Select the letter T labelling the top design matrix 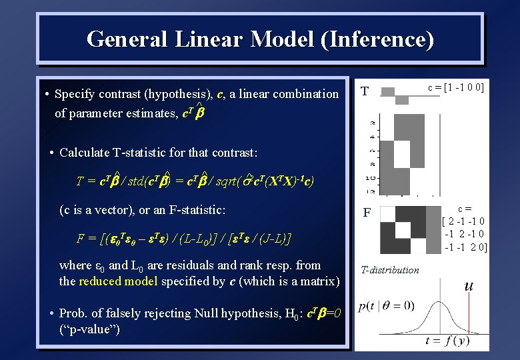click(x=365, y=91)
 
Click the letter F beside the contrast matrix click(x=366, y=213)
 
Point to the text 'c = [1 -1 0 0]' click(x=456, y=88)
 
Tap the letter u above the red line click(x=469, y=285)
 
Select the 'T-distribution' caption click(x=390, y=270)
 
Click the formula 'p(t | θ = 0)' click(x=387, y=307)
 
